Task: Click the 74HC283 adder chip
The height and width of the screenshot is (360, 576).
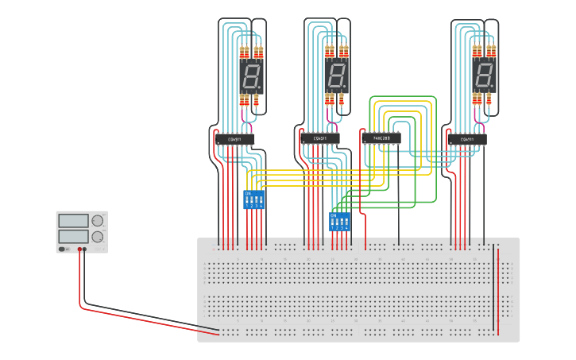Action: click(x=382, y=138)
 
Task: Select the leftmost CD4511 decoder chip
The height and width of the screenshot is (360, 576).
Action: click(x=234, y=140)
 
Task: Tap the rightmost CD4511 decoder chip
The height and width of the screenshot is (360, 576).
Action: click(x=466, y=140)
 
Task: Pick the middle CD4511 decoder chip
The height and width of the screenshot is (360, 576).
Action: click(x=321, y=140)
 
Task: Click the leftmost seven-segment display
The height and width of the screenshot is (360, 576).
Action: click(x=251, y=76)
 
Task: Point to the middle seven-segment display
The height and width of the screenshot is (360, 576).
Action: click(x=336, y=76)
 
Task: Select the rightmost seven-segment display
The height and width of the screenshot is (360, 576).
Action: click(x=483, y=76)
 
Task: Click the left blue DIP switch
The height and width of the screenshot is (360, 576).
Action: click(x=253, y=199)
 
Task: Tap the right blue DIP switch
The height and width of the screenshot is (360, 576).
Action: click(x=339, y=221)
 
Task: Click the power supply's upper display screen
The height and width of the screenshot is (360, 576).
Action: click(x=73, y=220)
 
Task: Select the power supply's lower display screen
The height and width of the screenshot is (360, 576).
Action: click(x=73, y=236)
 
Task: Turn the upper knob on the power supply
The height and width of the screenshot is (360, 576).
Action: click(x=98, y=220)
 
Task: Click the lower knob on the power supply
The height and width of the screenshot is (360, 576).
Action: click(x=98, y=237)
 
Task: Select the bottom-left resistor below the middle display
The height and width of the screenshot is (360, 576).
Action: click(x=329, y=99)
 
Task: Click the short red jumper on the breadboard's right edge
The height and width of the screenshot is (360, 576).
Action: click(x=499, y=290)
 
